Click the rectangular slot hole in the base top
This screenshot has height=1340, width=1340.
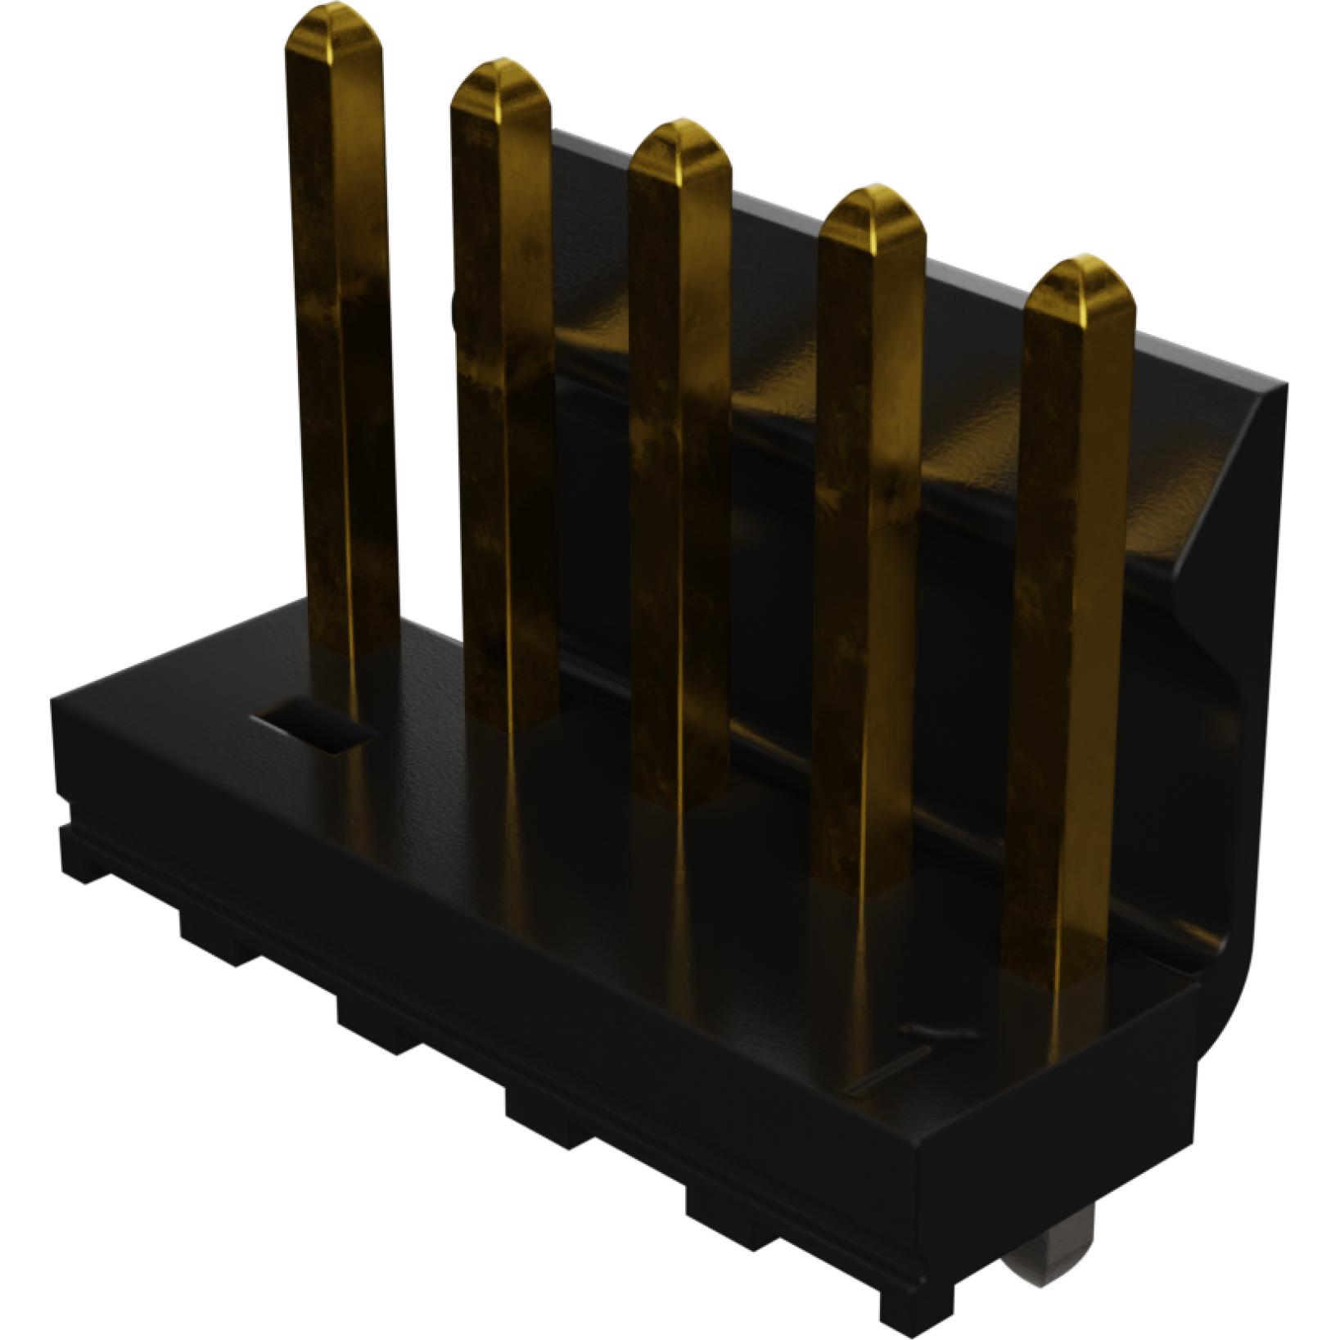315,725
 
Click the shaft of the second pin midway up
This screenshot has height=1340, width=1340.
503,393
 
